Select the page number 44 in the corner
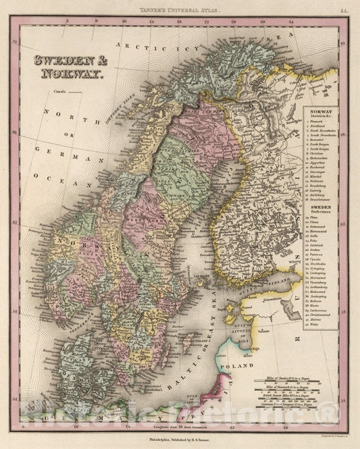point(344,11)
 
